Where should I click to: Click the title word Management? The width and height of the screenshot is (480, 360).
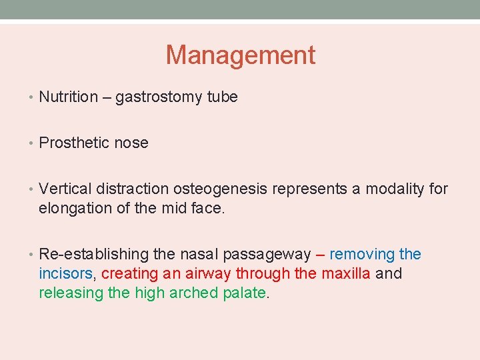pyautogui.click(x=240, y=55)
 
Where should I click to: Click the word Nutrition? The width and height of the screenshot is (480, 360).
pyautogui.click(x=69, y=97)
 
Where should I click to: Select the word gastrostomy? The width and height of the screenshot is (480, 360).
pyautogui.click(x=157, y=97)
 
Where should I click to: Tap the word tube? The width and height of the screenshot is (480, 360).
pyautogui.click(x=222, y=97)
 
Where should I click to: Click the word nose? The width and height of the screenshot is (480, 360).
pyautogui.click(x=131, y=143)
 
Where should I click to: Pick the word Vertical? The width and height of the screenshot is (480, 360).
pyautogui.click(x=64, y=189)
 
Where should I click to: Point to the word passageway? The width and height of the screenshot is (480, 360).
pyautogui.click(x=267, y=255)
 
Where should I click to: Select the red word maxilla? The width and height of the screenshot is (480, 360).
pyautogui.click(x=346, y=273)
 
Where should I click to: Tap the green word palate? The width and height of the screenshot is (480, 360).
pyautogui.click(x=244, y=292)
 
